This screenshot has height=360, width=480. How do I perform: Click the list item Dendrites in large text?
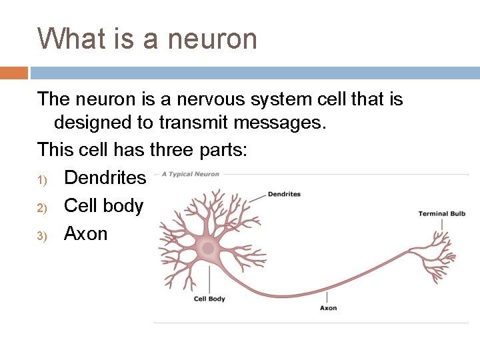pos(105,177)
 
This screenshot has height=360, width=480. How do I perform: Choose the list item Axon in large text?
pos(85,234)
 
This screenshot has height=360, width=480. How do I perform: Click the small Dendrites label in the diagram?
pos(284,195)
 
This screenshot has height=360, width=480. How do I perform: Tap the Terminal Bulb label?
pos(441,214)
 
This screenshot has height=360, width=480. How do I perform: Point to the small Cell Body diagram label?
pos(209,299)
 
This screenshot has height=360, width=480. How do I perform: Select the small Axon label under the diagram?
pos(328,308)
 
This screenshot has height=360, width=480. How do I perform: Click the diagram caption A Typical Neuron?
pos(191,175)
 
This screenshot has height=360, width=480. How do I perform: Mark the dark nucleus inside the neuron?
pos(208,248)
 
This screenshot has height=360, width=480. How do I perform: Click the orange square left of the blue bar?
pos(13,73)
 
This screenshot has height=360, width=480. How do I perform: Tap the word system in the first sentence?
pos(281,100)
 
